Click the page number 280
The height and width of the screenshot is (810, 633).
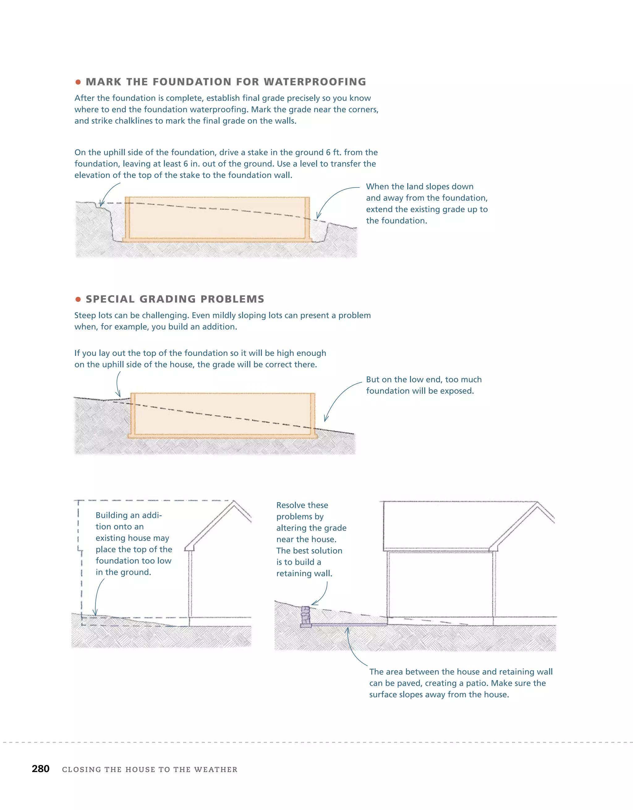pos(40,769)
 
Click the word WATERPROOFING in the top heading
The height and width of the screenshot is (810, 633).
pos(315,82)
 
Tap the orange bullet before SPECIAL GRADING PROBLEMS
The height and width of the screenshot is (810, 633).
pos(78,299)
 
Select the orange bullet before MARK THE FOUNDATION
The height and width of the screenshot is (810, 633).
pos(78,82)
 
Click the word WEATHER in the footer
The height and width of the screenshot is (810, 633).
pos(215,769)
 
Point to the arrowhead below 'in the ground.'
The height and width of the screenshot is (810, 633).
pos(95,613)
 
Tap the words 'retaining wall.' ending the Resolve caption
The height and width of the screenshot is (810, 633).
pos(304,573)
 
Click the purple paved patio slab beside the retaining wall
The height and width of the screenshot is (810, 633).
pos(349,625)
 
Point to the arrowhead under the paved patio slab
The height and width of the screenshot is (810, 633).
pos(348,630)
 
